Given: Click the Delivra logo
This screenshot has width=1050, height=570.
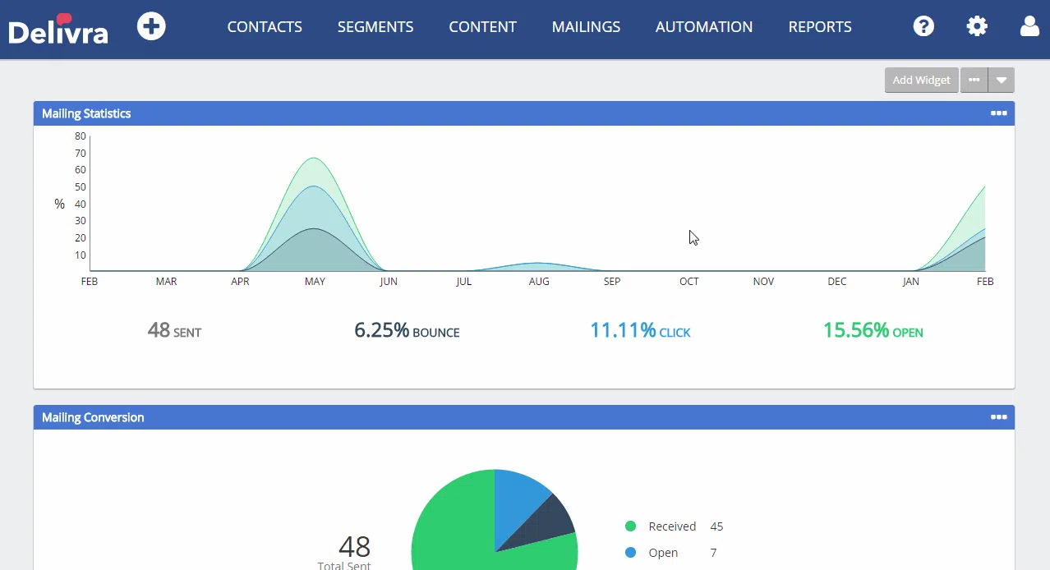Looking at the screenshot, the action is [58, 29].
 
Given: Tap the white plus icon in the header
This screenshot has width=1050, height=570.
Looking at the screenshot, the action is [151, 26].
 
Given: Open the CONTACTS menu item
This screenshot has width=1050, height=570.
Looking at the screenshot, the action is [265, 27].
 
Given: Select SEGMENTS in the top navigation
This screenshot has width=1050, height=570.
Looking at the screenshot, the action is [375, 27].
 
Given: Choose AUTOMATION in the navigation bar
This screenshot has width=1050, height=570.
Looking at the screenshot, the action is [704, 27].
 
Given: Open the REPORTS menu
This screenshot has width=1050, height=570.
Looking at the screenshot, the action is [820, 27].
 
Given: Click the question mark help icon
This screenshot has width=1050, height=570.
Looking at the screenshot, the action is [923, 26].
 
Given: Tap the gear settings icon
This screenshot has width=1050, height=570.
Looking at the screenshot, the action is [977, 26].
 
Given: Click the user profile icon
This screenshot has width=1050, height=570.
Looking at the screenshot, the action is [1029, 26].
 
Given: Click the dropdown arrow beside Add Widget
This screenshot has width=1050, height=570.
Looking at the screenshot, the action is [1002, 80].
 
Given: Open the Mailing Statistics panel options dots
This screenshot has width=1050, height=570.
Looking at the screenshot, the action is [998, 113].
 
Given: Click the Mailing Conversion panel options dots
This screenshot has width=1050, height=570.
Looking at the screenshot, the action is [998, 416].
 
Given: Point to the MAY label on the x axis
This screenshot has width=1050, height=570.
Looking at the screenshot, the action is [315, 281].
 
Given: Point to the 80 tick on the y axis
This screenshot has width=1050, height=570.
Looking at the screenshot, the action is [81, 136].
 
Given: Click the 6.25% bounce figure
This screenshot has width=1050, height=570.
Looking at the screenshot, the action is [381, 330].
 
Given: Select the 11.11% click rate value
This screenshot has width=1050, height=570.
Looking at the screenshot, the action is [623, 330].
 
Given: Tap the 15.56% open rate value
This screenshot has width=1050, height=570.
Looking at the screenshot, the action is [856, 330].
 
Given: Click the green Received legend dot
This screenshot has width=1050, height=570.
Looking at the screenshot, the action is [630, 526].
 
